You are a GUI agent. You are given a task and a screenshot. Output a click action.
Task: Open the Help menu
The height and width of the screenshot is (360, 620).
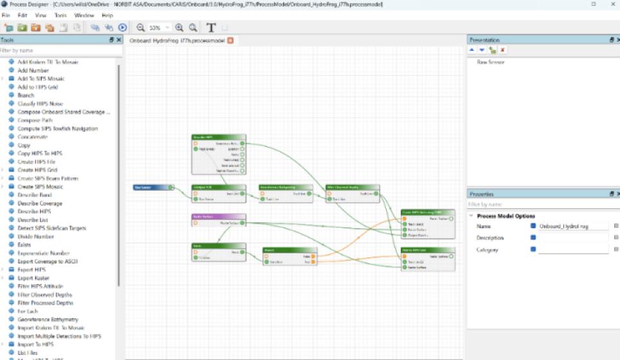click(x=107, y=15)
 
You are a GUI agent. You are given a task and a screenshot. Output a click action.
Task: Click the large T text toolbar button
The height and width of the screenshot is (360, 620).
click(x=211, y=28)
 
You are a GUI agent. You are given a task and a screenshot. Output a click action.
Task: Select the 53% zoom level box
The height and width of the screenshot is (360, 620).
click(x=156, y=28)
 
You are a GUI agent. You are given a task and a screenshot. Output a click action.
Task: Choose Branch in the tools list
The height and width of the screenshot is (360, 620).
click(x=26, y=95)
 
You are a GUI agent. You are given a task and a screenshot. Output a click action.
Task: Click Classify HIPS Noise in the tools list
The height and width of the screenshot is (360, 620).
click(x=40, y=104)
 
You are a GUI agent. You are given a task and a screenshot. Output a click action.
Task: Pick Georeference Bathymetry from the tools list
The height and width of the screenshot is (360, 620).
click(x=48, y=319)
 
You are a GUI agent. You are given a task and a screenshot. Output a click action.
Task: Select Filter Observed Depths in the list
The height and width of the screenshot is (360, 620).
click(x=45, y=294)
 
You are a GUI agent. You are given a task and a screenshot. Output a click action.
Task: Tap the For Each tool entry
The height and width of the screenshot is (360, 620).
click(x=28, y=311)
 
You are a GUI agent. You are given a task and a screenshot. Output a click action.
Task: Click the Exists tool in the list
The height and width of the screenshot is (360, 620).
click(x=25, y=245)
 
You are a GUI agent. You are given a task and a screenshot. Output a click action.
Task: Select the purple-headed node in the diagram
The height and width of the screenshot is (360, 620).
click(x=218, y=217)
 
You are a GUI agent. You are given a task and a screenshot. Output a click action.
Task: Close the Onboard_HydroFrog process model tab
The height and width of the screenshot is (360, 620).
click(x=230, y=40)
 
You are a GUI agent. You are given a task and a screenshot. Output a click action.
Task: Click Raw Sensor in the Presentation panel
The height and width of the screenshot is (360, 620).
click(x=491, y=62)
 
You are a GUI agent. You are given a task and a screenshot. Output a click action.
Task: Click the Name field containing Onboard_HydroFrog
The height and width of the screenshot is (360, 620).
click(x=573, y=226)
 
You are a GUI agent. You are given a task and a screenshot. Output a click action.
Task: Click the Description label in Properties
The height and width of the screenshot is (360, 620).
click(x=490, y=238)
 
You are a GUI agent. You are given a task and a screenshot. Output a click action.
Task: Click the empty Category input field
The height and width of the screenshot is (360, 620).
click(x=573, y=249)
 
